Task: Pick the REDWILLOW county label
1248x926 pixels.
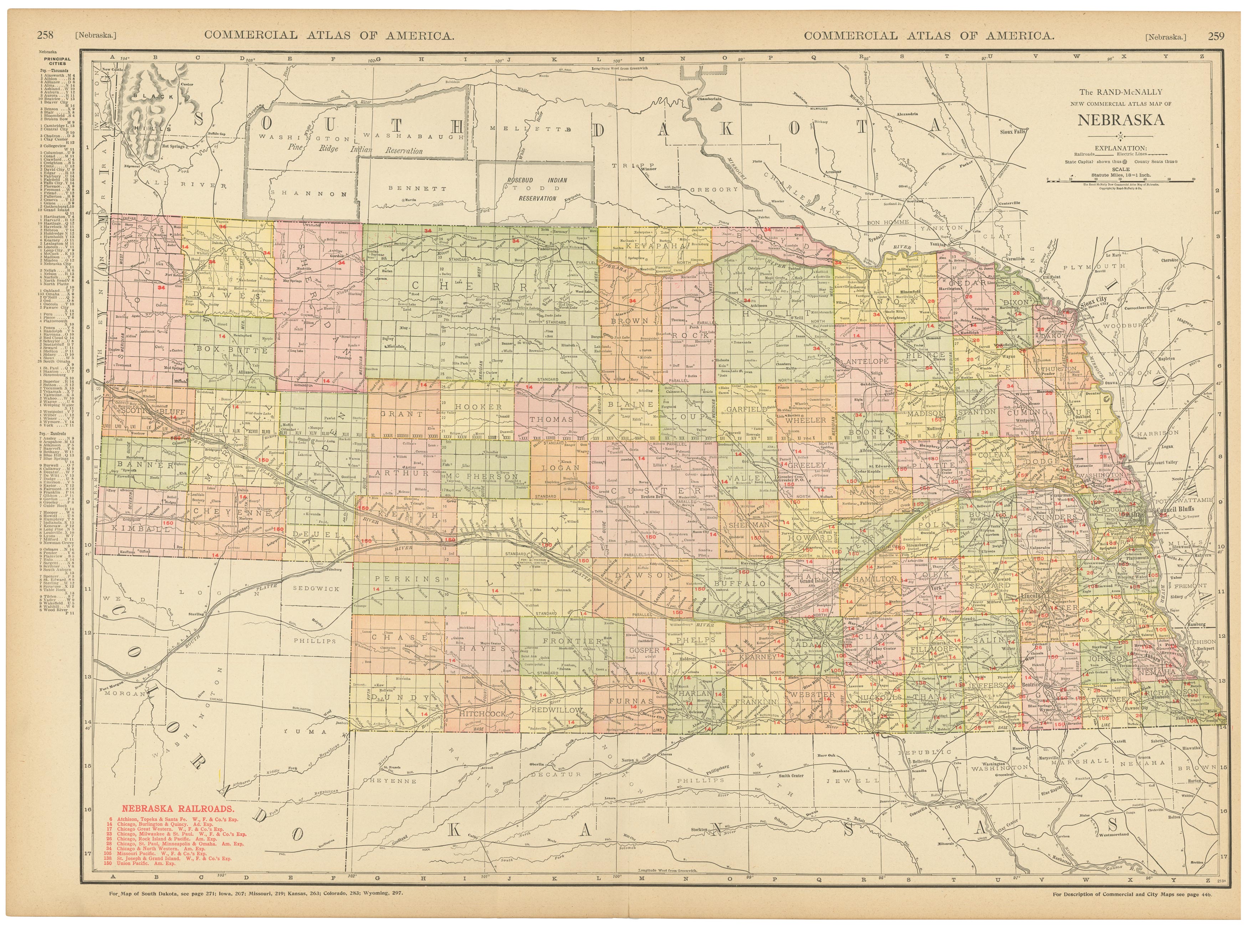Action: (557, 709)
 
